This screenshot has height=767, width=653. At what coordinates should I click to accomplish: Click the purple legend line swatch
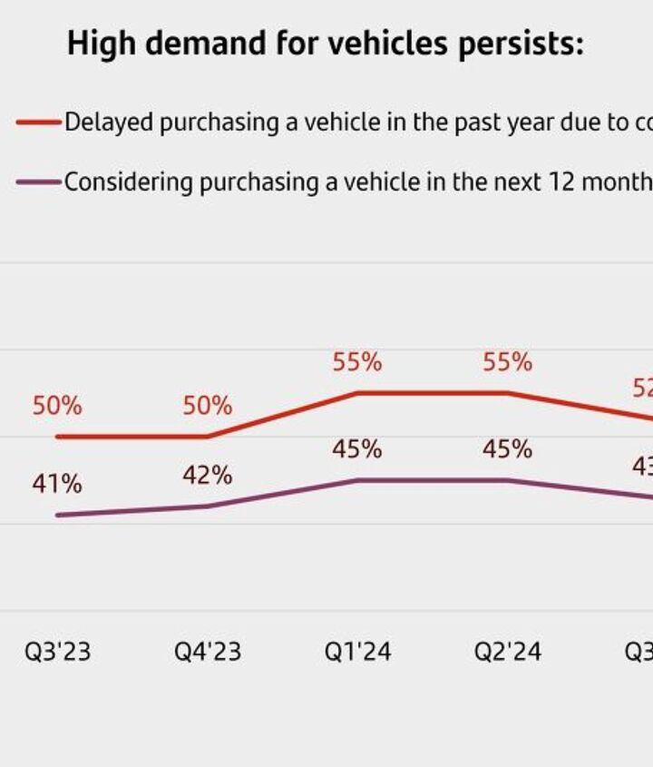(x=39, y=182)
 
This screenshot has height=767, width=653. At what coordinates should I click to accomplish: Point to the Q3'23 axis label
(x=58, y=652)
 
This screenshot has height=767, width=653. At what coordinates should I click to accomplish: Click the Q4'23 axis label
(x=208, y=652)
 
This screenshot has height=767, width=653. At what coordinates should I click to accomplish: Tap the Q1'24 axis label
(x=358, y=652)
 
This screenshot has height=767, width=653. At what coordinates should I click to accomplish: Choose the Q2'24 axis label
(x=508, y=652)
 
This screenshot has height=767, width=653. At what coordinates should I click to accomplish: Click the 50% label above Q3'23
(x=57, y=406)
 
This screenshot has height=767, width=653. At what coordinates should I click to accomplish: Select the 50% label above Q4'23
(x=208, y=406)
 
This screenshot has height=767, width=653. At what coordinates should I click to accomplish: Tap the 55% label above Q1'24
(x=357, y=362)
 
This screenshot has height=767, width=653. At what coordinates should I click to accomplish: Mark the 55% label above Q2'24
(x=508, y=362)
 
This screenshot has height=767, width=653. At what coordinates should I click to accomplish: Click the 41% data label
(x=57, y=484)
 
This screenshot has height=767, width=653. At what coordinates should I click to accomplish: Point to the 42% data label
(x=208, y=475)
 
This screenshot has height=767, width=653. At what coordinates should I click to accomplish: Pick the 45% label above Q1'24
(x=357, y=449)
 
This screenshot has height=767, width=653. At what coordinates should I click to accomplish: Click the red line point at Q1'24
(x=358, y=393)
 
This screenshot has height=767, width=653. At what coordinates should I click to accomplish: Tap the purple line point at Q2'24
(x=508, y=480)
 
